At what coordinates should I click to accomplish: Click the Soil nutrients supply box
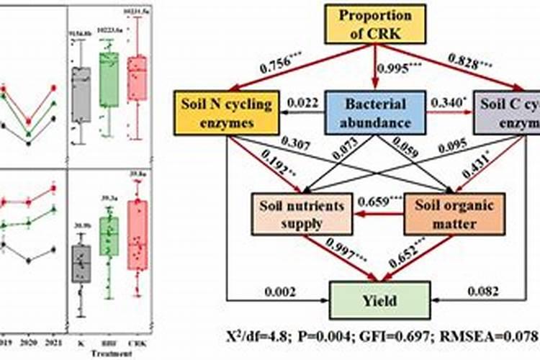[301, 214]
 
